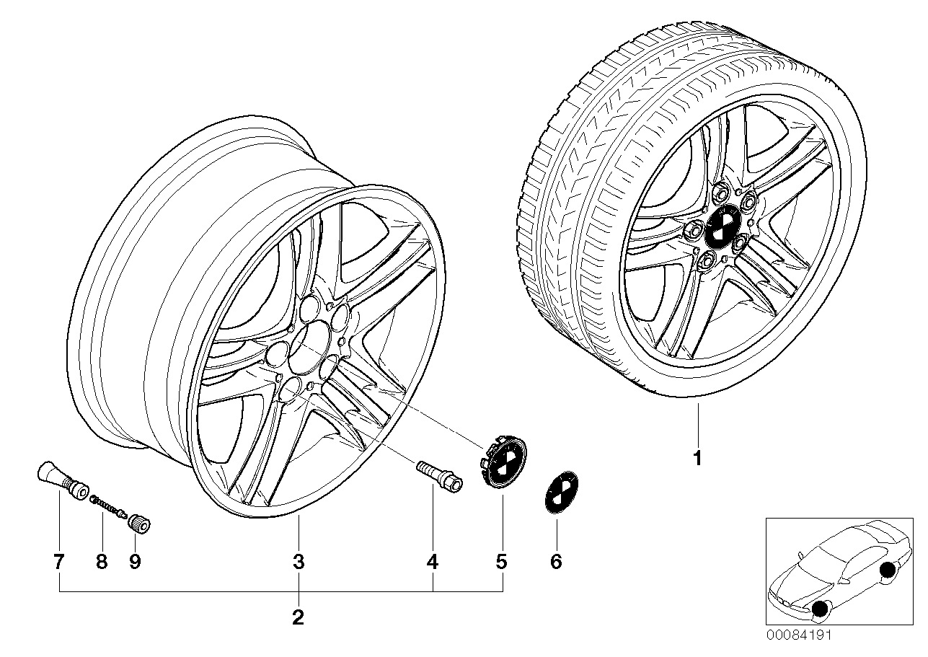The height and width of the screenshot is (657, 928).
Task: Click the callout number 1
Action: (x=697, y=458)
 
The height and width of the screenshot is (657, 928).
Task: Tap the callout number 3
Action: (x=299, y=562)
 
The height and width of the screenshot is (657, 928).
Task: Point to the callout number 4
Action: (x=432, y=562)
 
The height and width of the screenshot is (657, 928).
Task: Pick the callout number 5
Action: (x=501, y=562)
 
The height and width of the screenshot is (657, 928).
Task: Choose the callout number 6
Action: (x=555, y=562)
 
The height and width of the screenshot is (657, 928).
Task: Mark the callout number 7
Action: (x=59, y=562)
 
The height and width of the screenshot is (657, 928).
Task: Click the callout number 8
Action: (x=102, y=562)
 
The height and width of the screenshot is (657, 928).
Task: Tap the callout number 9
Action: (x=135, y=562)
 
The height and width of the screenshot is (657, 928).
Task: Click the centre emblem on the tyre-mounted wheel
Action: (x=718, y=229)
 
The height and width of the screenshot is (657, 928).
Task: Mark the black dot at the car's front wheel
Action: (x=819, y=610)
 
